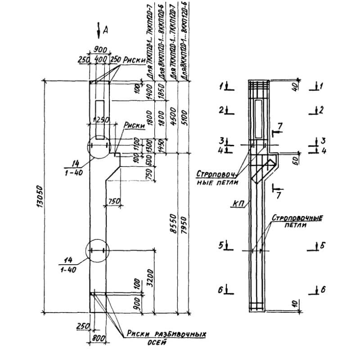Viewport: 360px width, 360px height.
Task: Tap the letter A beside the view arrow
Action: coord(105,30)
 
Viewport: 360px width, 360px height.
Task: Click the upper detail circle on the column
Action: coord(98,147)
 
